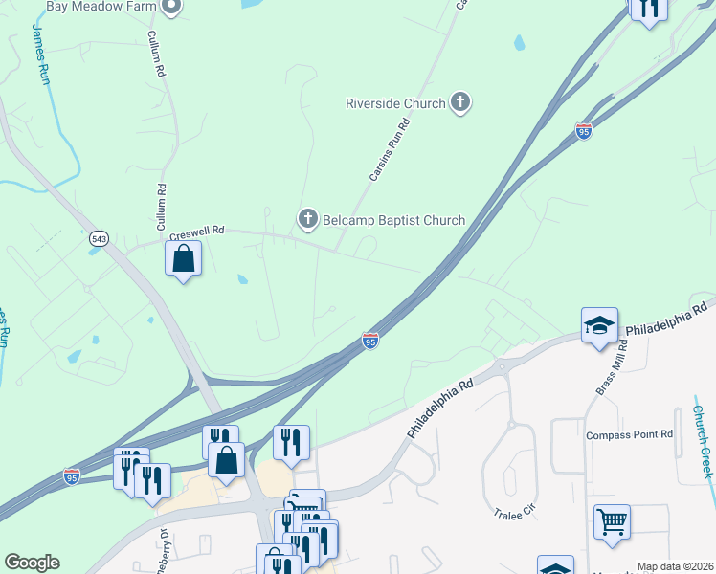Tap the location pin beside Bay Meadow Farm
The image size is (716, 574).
(172, 7)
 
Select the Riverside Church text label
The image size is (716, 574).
(396, 103)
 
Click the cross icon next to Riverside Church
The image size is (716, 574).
(460, 101)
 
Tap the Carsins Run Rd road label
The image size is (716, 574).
(390, 149)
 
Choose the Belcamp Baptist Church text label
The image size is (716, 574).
(393, 220)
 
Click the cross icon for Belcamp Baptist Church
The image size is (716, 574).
(308, 220)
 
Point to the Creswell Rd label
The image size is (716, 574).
(196, 232)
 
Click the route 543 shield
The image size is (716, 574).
(99, 237)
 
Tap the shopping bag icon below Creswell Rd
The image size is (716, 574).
(183, 258)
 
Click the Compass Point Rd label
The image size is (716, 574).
(630, 434)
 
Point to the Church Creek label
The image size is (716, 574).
(704, 443)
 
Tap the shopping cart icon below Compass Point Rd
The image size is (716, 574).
(612, 522)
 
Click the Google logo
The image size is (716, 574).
(32, 563)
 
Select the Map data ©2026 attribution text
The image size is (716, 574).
(676, 566)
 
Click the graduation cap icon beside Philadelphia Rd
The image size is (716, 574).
(599, 325)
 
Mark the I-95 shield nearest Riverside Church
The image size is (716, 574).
(584, 131)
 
